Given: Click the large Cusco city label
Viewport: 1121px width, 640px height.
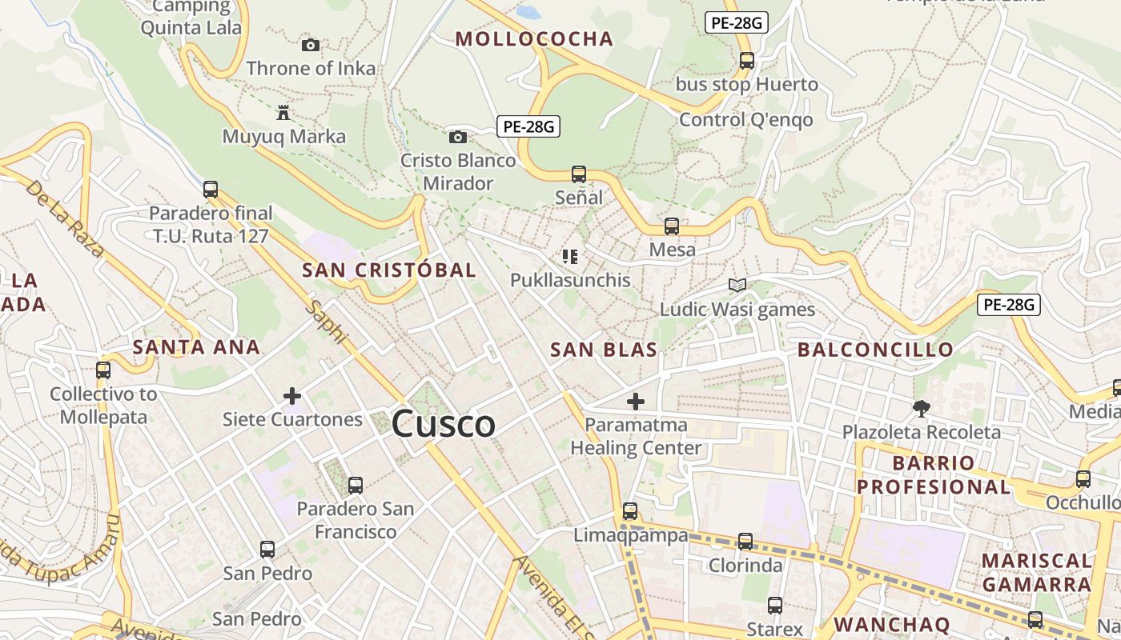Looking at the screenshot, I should click(x=443, y=423).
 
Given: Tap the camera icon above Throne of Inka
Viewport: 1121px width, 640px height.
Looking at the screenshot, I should click(x=311, y=45).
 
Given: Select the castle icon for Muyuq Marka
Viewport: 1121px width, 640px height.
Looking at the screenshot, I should click(x=283, y=112).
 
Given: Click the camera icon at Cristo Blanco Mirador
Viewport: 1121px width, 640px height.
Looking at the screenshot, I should click(x=458, y=137).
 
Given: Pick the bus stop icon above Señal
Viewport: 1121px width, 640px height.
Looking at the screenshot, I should click(x=579, y=174).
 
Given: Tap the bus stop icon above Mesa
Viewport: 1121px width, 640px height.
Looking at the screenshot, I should click(x=672, y=226).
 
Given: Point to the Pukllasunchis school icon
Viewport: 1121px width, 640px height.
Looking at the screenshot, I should click(x=570, y=257).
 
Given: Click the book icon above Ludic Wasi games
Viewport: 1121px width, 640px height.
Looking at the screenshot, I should click(x=737, y=286).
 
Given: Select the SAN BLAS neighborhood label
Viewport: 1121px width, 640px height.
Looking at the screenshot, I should click(x=604, y=350).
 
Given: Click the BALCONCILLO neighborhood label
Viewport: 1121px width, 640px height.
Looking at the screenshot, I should click(x=875, y=350).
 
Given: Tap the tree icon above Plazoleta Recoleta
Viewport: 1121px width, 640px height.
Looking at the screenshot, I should click(x=922, y=409).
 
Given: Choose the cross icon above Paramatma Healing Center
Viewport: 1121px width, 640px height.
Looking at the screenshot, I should click(x=636, y=401).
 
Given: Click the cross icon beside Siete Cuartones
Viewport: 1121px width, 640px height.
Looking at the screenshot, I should click(x=292, y=396).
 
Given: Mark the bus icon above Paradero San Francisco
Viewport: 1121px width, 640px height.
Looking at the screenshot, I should click(x=356, y=485).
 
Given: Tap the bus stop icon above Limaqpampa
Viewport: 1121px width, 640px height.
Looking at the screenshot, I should click(x=630, y=511).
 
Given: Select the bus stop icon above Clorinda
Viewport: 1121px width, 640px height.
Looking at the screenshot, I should click(x=745, y=542).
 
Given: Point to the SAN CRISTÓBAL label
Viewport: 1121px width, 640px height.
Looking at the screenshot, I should click(x=389, y=270).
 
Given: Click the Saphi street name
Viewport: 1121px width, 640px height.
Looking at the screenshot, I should click(x=327, y=322).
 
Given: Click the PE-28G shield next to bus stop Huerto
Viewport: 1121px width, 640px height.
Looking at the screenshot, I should click(x=736, y=22).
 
